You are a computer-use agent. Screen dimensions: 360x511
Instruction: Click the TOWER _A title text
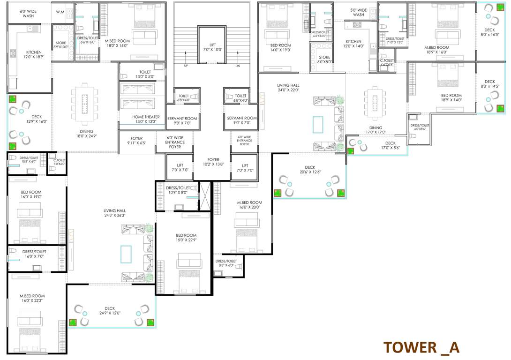pyautogui.click(x=421, y=347)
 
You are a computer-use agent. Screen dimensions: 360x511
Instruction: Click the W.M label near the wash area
pyautogui.click(x=60, y=11)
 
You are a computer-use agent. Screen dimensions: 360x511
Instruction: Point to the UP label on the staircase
pyautogui.click(x=187, y=66)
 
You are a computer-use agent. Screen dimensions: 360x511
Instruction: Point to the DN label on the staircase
pyautogui.click(x=238, y=66)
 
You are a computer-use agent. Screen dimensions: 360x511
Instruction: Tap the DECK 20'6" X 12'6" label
pyautogui.click(x=310, y=170)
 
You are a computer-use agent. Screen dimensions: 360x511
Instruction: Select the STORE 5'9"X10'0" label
pyautogui.click(x=61, y=45)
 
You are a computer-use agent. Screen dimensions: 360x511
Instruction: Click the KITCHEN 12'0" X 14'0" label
pyautogui.click(x=353, y=44)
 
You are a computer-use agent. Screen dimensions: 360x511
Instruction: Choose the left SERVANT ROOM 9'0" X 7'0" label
pyautogui.click(x=182, y=120)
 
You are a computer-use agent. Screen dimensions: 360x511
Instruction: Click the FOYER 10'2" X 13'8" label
pyautogui.click(x=213, y=162)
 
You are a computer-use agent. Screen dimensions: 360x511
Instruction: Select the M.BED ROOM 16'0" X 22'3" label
pyautogui.click(x=32, y=298)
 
